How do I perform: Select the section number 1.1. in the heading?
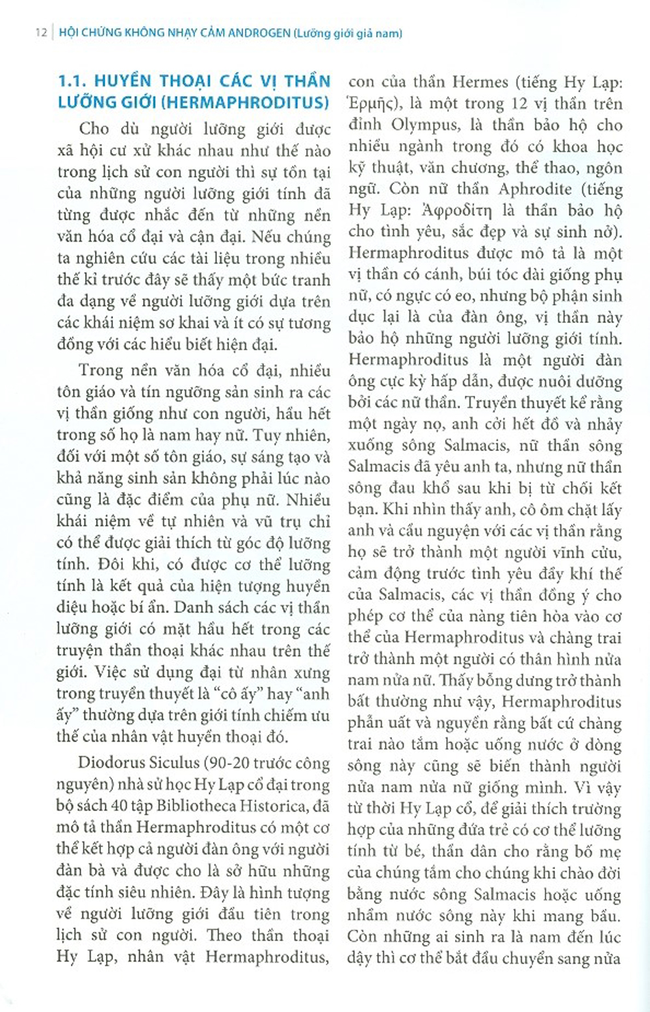[73, 82]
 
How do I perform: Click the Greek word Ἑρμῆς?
[372, 104]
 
